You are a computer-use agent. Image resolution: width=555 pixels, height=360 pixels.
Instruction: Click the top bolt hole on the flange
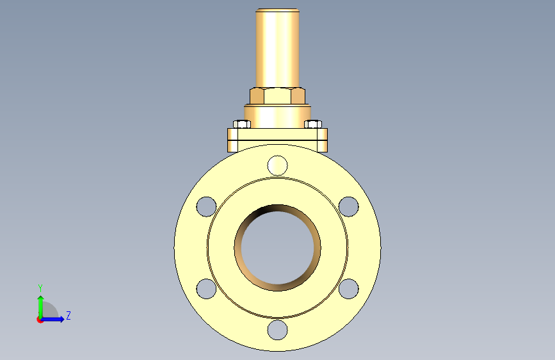[x=278, y=165]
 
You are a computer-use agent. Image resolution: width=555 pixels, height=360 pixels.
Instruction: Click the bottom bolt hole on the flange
[x=278, y=330]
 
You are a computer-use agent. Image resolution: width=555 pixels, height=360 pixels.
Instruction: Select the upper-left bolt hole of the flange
[x=206, y=206]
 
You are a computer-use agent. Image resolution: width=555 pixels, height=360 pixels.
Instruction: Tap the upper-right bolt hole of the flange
[x=349, y=206]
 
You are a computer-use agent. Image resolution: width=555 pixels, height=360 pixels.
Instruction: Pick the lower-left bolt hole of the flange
[x=206, y=289]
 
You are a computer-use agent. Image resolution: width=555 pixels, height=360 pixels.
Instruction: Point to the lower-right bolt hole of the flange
[x=349, y=289]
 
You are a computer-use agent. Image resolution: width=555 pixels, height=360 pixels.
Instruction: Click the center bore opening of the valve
[x=278, y=248]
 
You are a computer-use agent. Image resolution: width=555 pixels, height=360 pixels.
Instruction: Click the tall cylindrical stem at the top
[x=278, y=48]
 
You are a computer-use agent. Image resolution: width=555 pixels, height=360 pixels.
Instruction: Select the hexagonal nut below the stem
[x=278, y=95]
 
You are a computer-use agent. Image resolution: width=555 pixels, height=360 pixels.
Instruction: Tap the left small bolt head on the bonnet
[x=242, y=124]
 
